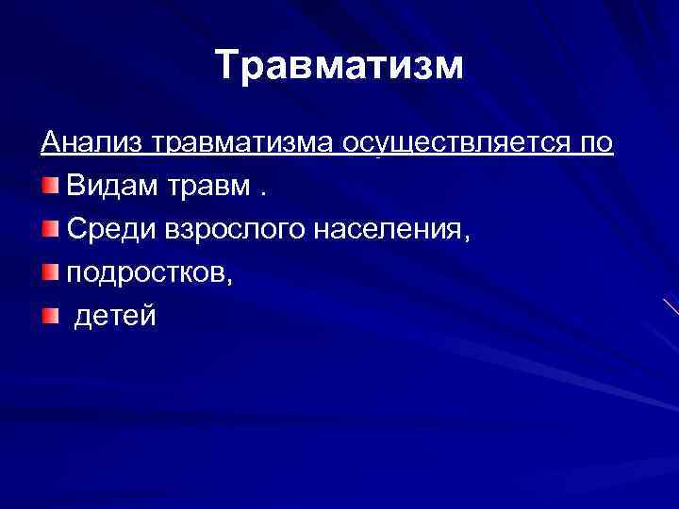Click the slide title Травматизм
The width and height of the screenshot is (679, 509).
pyautogui.click(x=339, y=67)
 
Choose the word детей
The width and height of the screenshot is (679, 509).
pyautogui.click(x=115, y=315)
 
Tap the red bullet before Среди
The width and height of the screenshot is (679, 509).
pyautogui.click(x=50, y=226)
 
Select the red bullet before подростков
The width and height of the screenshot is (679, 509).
pyautogui.click(x=50, y=271)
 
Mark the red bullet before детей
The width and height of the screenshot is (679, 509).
pyautogui.click(x=50, y=314)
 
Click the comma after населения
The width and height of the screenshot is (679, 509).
pyautogui.click(x=461, y=235)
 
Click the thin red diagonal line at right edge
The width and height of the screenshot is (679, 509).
pyautogui.click(x=671, y=306)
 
